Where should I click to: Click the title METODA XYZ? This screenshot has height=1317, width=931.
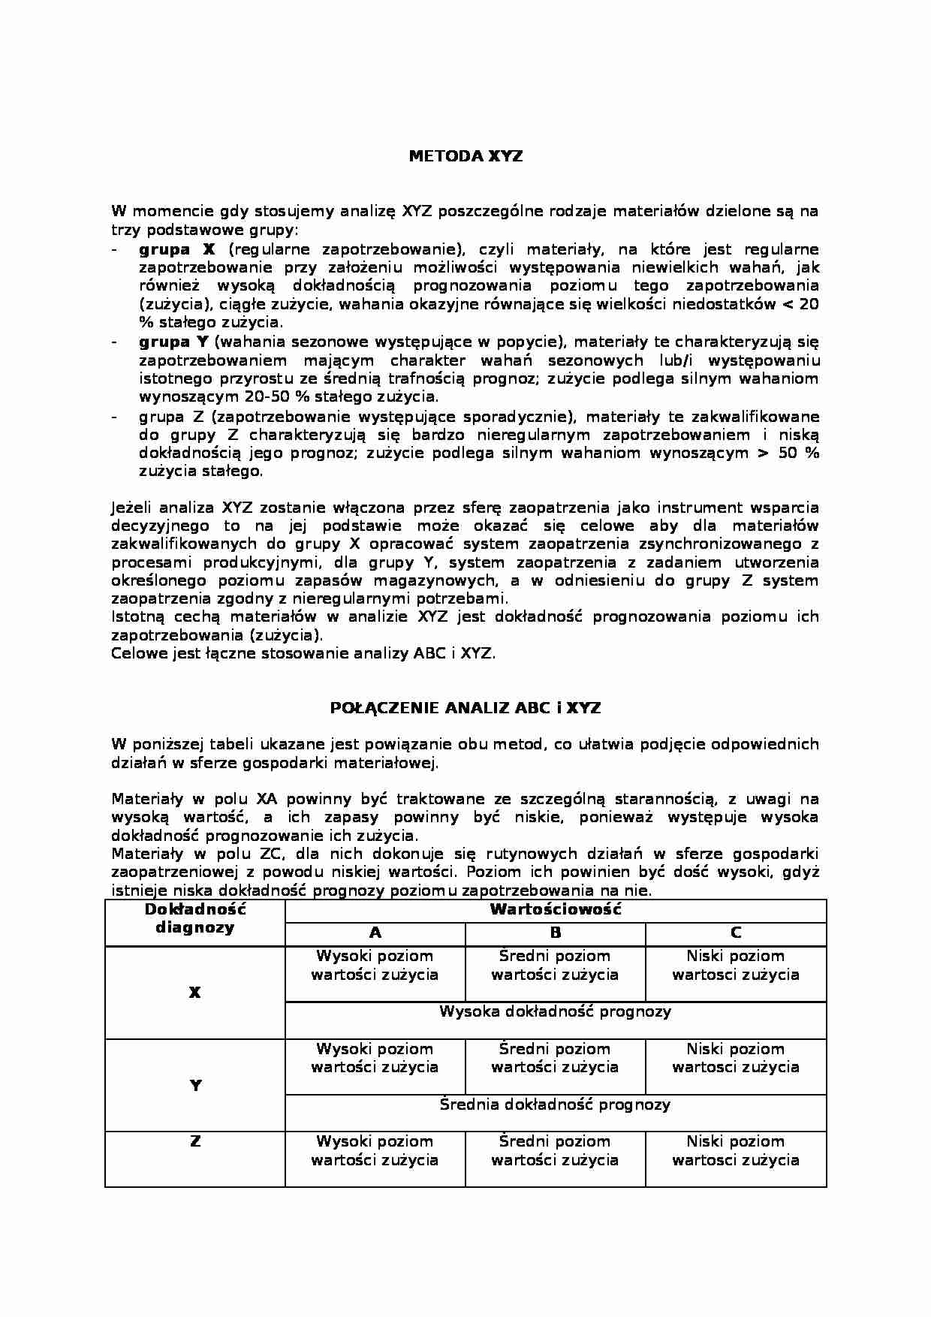[465, 156]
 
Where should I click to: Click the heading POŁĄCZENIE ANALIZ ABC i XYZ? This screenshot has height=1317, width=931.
[465, 707]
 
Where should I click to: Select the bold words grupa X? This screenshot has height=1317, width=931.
[177, 249]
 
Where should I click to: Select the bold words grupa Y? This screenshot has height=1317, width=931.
[173, 342]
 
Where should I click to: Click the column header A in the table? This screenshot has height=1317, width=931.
[375, 933]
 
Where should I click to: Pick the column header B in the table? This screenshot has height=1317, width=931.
[555, 933]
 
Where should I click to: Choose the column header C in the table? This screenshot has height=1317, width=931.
[735, 933]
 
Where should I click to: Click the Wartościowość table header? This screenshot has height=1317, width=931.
[555, 909]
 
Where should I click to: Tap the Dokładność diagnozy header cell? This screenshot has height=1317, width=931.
[195, 918]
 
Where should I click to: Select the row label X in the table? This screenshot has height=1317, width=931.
[195, 993]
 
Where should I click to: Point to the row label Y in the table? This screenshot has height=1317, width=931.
[195, 1086]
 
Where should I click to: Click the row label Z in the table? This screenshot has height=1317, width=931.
[195, 1141]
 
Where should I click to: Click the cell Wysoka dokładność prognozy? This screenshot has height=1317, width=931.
[555, 1011]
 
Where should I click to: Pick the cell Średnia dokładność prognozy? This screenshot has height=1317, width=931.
[555, 1105]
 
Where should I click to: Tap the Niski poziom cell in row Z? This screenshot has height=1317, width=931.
[735, 1150]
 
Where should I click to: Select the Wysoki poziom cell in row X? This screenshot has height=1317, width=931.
[375, 966]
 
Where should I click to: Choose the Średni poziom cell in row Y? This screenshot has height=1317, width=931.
[555, 1058]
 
